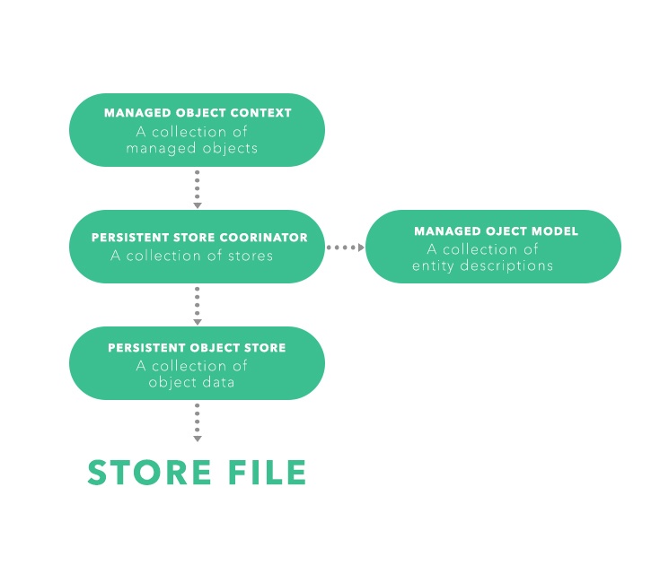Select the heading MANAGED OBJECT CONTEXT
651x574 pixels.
[198, 113]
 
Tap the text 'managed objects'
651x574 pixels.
[192, 149]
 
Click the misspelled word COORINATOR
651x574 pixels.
[264, 238]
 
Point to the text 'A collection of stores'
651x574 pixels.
[192, 256]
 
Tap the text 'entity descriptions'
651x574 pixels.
[482, 265]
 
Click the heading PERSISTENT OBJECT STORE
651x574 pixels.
[197, 348]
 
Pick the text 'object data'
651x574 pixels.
[191, 382]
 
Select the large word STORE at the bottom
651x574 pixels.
[149, 472]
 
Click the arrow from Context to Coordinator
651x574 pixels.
[198, 189]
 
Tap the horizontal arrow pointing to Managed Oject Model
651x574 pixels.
[346, 248]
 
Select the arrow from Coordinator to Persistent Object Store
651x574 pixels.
[198, 306]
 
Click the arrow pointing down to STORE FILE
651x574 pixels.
[198, 422]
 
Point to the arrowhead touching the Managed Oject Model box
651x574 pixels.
[361, 248]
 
